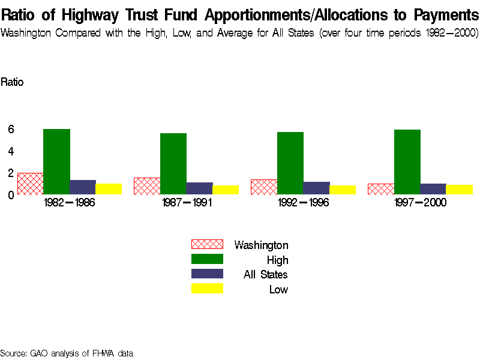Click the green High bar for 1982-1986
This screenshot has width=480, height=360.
(x=56, y=161)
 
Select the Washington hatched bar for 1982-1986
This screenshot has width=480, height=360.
(x=30, y=184)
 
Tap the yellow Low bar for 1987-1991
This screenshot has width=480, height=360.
(x=226, y=190)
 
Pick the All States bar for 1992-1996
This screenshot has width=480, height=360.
(x=316, y=188)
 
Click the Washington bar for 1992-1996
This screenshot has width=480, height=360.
(x=264, y=187)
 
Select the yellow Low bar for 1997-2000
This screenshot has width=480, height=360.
(x=460, y=189)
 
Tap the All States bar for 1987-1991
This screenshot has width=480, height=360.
(x=199, y=188)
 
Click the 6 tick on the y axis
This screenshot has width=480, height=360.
(x=11, y=129)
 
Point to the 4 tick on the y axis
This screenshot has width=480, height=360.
(x=11, y=151)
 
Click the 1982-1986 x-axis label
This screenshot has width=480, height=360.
(x=70, y=203)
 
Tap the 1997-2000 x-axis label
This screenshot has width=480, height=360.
(x=420, y=203)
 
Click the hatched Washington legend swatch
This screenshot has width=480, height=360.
(x=207, y=244)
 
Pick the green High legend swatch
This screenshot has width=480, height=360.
(x=207, y=259)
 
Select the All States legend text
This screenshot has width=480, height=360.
(x=265, y=275)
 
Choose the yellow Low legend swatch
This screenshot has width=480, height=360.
(x=207, y=289)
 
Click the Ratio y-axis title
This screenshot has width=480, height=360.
(x=12, y=82)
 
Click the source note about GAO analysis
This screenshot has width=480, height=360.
(x=67, y=353)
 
